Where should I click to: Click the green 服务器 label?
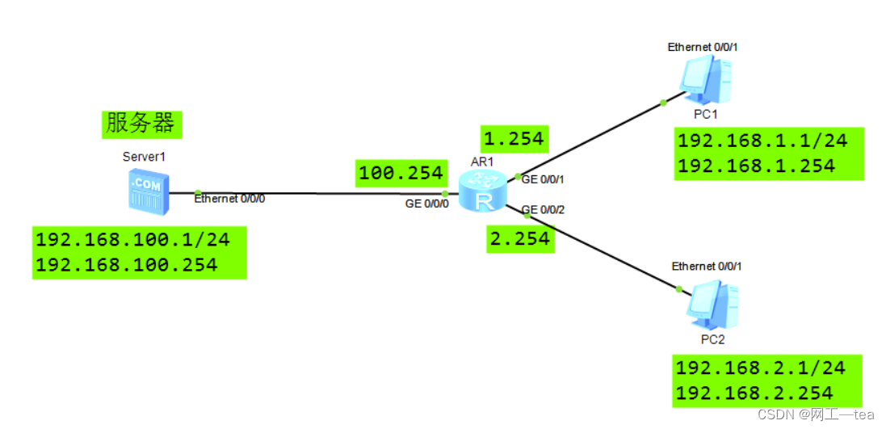click(x=141, y=123)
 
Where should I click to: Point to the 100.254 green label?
click(x=401, y=172)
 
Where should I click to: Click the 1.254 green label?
click(x=513, y=138)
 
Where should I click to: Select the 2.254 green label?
click(x=521, y=239)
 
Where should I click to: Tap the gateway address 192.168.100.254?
click(x=127, y=265)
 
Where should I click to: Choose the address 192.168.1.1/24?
click(x=762, y=141)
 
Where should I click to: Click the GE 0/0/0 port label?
click(x=427, y=204)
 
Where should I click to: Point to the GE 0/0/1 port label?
click(x=543, y=179)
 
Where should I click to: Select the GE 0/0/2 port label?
click(x=543, y=210)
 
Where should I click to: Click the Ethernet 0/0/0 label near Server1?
click(x=229, y=199)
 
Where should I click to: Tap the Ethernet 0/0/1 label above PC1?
click(x=703, y=47)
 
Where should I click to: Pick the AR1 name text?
click(x=482, y=162)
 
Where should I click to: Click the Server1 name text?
click(x=143, y=156)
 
